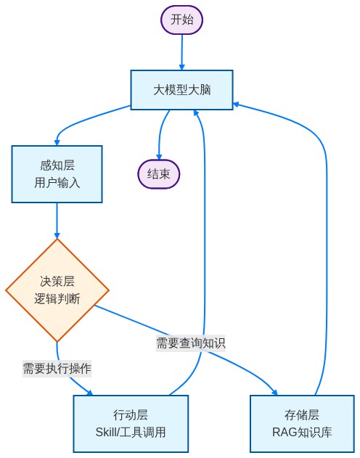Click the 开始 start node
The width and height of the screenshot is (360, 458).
(x=181, y=20)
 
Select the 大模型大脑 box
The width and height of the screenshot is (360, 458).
(x=181, y=90)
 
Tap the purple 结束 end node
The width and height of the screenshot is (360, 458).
(x=158, y=174)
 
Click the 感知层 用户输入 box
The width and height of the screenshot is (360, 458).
(x=57, y=174)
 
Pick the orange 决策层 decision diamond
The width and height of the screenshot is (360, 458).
(x=57, y=290)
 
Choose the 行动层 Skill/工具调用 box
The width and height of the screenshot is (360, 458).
(x=131, y=424)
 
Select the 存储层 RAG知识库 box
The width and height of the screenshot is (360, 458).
(x=302, y=424)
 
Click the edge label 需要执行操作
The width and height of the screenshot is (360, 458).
(x=57, y=368)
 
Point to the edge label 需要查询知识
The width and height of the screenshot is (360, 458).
(x=190, y=343)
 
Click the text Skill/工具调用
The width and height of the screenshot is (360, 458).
(x=131, y=433)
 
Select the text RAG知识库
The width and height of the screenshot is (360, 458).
(x=302, y=433)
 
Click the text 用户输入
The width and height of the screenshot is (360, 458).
(x=57, y=183)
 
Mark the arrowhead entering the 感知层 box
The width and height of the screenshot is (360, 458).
(x=57, y=142)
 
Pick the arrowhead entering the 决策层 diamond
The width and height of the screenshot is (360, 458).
(x=57, y=235)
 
